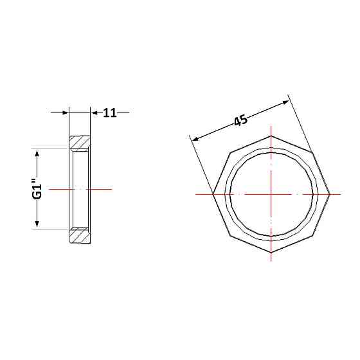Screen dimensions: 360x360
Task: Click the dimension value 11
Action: [110, 113]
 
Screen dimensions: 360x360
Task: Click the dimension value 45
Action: [241, 120]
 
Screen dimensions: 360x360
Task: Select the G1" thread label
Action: [37, 188]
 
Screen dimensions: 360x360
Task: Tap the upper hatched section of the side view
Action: [80, 143]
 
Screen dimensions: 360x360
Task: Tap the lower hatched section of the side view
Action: [80, 235]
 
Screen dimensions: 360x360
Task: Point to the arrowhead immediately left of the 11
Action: [94, 113]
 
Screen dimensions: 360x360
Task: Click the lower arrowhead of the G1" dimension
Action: [37, 224]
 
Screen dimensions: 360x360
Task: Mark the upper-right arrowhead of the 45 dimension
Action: [285, 102]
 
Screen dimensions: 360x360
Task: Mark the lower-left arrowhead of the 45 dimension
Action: [195, 138]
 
